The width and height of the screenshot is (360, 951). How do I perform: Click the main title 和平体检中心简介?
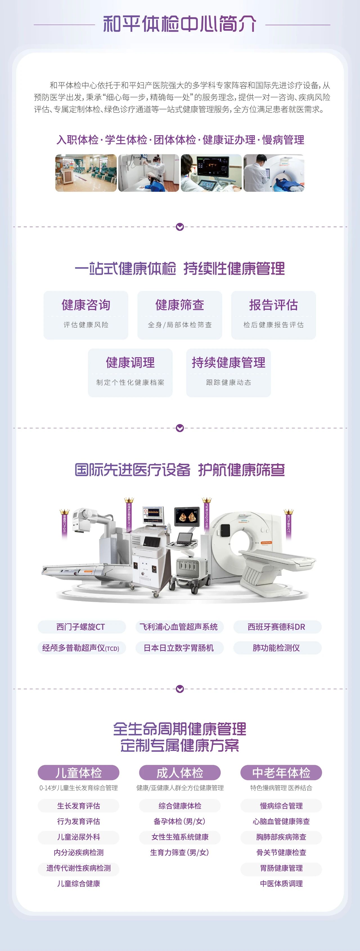point(179,24)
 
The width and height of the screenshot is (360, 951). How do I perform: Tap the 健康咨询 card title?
point(86,305)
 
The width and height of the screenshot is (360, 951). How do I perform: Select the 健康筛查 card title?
point(179,305)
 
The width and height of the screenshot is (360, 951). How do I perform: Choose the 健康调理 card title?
point(130,363)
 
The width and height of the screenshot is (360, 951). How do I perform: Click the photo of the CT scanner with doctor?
point(274,173)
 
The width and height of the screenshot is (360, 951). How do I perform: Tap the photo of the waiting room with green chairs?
point(86,173)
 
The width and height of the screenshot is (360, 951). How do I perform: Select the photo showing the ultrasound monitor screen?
point(211,173)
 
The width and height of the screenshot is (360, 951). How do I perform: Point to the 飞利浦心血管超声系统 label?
point(179,627)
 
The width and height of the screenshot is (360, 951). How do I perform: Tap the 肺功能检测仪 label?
point(276,648)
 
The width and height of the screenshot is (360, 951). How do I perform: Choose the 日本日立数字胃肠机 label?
point(179,648)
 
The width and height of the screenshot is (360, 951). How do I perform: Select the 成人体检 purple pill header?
point(179,773)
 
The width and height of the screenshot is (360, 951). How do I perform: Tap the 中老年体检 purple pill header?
point(281,773)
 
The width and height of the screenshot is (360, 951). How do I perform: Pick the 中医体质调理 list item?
point(281,884)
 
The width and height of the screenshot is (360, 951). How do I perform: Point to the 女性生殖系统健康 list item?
point(179,837)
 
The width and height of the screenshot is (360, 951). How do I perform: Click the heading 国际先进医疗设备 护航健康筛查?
point(179,470)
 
